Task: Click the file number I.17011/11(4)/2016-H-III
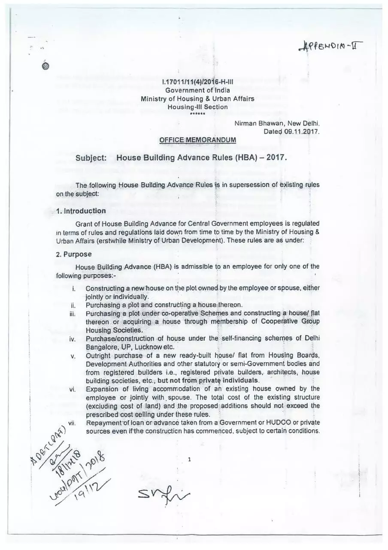[197, 82]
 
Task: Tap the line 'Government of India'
[197, 90]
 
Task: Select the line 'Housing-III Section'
[197, 107]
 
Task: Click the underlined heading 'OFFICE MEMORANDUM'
[197, 140]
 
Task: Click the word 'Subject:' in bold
[91, 158]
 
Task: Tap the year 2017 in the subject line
[276, 157]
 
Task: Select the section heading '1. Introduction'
[81, 211]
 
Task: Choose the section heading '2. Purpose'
[74, 254]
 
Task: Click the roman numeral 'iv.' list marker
[73, 339]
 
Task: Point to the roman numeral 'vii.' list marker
[72, 423]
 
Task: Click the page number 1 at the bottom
[189, 459]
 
